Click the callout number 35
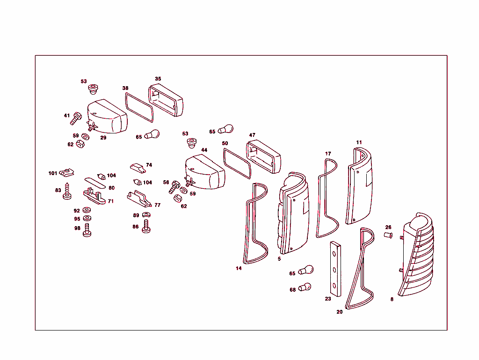pos(158,79)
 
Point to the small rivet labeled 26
pos(388,234)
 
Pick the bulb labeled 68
pos(305,287)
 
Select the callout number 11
pos(359,142)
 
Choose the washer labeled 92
pos(87,210)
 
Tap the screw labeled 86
pos(146,228)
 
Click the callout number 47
pos(252,135)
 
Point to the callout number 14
pos(239,268)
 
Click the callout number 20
pos(340,311)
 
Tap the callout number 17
pos(328,154)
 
